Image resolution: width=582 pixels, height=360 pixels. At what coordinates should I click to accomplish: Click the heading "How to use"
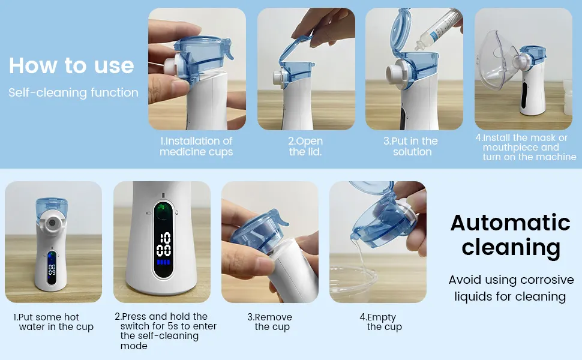[x=71, y=65]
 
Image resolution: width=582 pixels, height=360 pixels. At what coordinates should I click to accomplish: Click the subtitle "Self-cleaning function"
[x=73, y=92]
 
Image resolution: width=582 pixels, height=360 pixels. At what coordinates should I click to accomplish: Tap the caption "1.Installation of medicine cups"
[x=196, y=146]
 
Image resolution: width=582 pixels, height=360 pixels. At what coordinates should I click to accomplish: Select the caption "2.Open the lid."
[x=305, y=146]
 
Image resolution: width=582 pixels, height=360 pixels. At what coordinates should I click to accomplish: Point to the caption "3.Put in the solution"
[x=411, y=146]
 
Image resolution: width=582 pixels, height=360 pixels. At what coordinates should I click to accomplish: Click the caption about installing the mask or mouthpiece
[x=526, y=148]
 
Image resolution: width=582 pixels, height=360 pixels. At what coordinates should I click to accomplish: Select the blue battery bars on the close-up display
[x=163, y=262]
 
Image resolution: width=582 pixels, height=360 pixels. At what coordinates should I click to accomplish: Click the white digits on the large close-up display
[x=163, y=244]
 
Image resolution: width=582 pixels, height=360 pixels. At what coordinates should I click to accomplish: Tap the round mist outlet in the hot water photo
[x=52, y=223]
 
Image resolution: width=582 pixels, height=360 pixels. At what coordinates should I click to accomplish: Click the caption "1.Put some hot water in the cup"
[x=53, y=322]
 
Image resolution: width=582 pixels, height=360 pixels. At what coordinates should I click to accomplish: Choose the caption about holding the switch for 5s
[x=166, y=331]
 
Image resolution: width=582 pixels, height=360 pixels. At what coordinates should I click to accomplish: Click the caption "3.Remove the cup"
[x=270, y=322]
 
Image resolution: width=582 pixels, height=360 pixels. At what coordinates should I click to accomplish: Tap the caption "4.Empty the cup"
[x=381, y=322]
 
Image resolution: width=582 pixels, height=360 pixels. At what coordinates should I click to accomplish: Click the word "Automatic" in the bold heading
[x=511, y=223]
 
